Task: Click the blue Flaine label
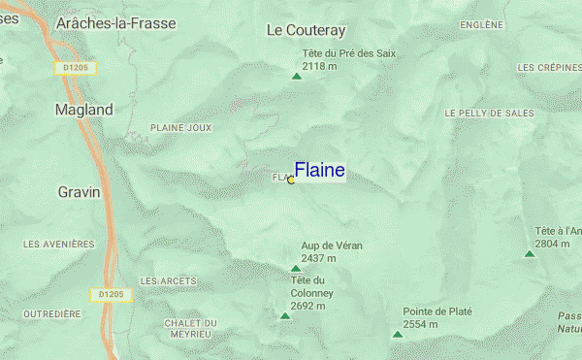click(319, 171)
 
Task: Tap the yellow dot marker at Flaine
click(291, 180)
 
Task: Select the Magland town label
click(83, 110)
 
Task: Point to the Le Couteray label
click(306, 30)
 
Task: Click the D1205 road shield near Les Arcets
click(110, 293)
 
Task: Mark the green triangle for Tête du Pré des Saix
click(297, 76)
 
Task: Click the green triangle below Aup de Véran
click(296, 268)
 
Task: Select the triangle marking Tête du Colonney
click(285, 315)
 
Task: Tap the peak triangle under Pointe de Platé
click(398, 334)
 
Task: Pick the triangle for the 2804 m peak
click(530, 253)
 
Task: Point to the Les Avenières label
click(58, 244)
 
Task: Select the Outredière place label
click(52, 314)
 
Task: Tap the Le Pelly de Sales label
click(490, 114)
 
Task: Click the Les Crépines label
click(549, 68)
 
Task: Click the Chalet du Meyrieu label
click(190, 329)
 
